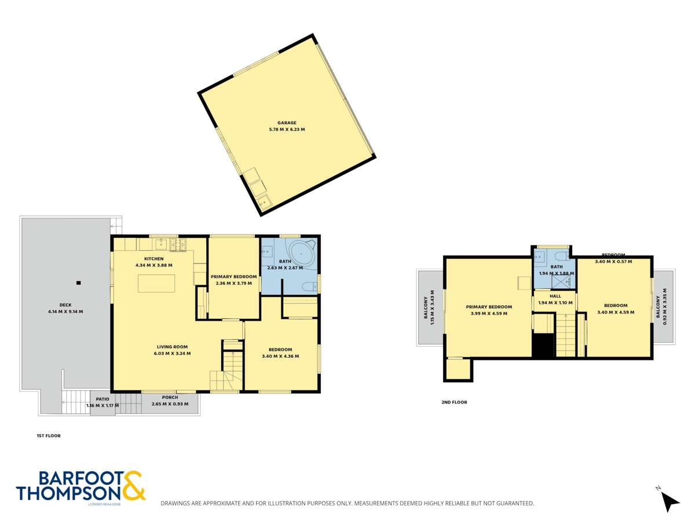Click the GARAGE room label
[287, 123]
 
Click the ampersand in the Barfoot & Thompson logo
[133, 485]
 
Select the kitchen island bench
[156, 283]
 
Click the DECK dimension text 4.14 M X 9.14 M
[65, 311]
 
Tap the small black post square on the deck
[78, 282]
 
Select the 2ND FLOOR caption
[454, 402]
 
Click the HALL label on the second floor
[555, 296]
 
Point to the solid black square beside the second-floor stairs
[543, 346]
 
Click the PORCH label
[170, 397]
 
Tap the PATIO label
[103, 399]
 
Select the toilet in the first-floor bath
[310, 285]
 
